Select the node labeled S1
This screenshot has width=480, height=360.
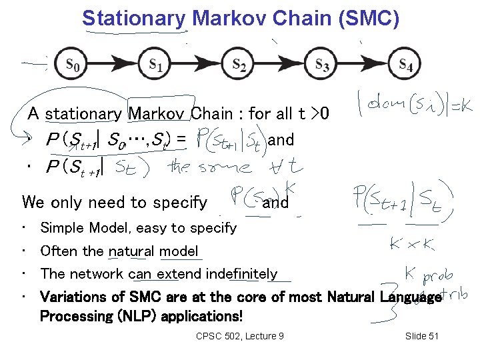(x=156, y=65)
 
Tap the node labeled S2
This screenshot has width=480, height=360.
(x=239, y=65)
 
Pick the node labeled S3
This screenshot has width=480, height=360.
(x=322, y=65)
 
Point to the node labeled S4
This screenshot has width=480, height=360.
(x=405, y=65)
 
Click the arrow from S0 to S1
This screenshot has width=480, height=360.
(x=115, y=65)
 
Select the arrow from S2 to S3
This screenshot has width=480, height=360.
(x=280, y=65)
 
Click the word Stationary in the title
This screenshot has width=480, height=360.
(x=133, y=18)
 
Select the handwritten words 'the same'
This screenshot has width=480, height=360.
(x=213, y=166)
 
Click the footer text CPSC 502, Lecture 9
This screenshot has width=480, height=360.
(x=240, y=335)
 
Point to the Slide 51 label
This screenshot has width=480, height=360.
(x=421, y=335)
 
